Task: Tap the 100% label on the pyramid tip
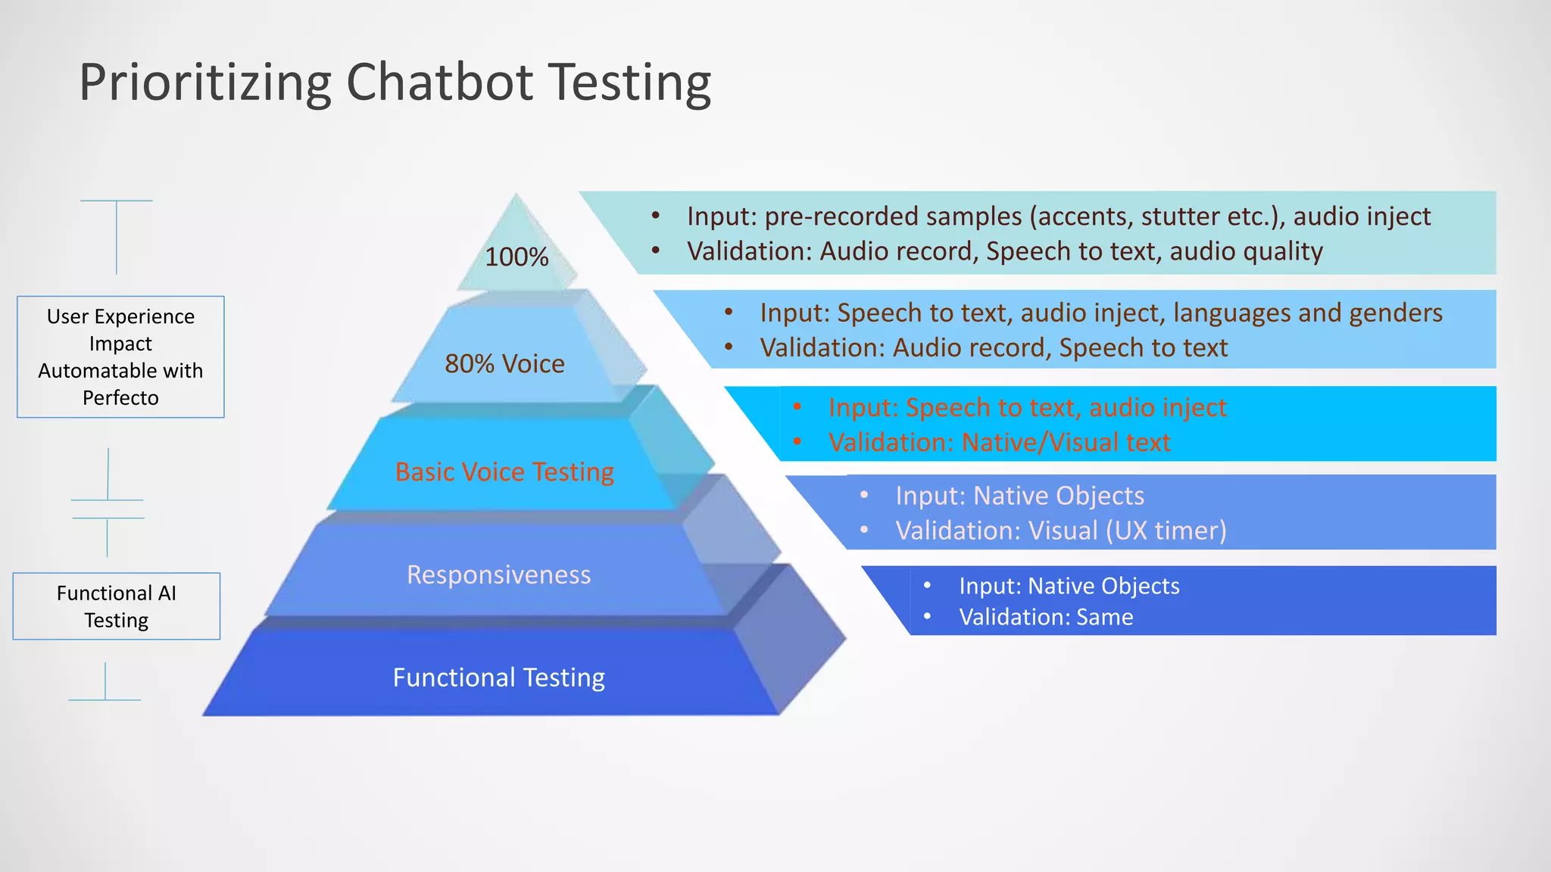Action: [x=516, y=257]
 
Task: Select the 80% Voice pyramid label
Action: [x=504, y=364]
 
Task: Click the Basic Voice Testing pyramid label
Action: [x=504, y=472]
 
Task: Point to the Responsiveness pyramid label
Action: [x=498, y=575]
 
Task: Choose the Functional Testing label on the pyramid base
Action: [x=498, y=677]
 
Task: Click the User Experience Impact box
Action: [x=120, y=357]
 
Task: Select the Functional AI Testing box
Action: [x=117, y=606]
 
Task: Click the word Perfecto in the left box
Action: [x=120, y=398]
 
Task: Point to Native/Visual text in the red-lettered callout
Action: [x=1066, y=443]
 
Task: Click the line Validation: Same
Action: [x=1046, y=618]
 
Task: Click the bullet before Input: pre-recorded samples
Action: [x=656, y=216]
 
